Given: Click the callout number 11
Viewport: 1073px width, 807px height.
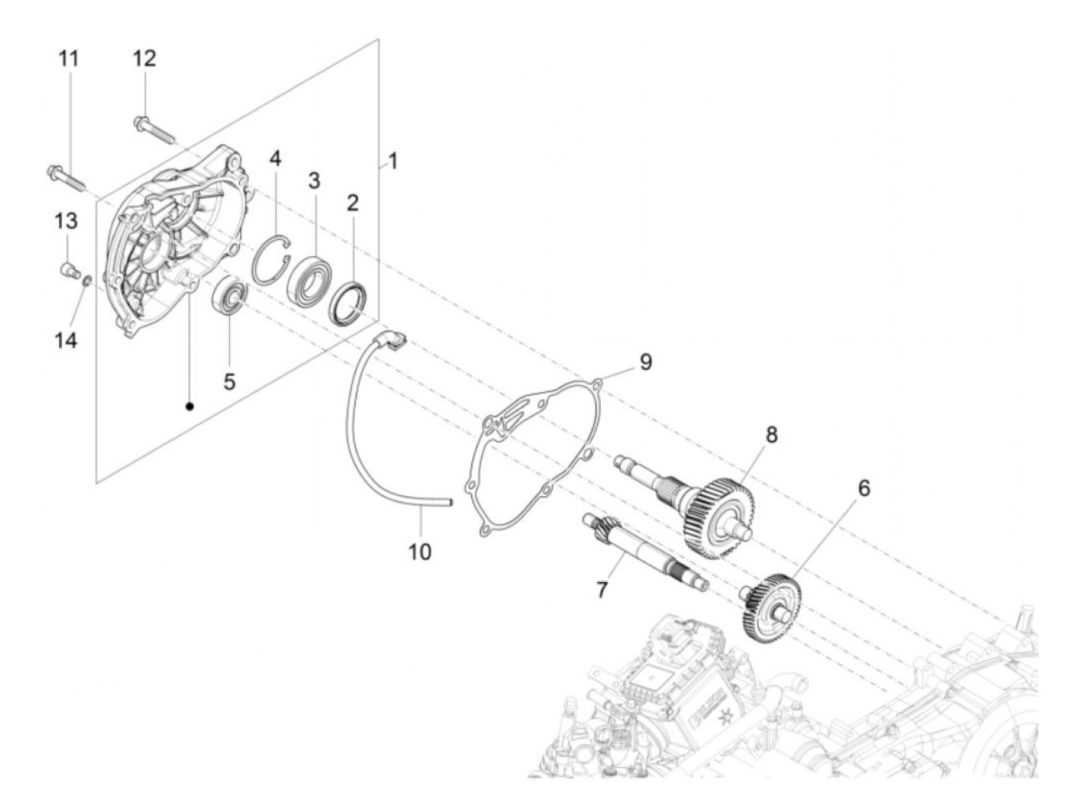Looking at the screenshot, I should click(69, 59).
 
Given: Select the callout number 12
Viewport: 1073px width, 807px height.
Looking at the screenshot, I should click(144, 58).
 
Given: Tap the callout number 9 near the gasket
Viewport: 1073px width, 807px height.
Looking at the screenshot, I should click(645, 361).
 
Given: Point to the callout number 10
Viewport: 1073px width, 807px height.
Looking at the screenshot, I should click(420, 550).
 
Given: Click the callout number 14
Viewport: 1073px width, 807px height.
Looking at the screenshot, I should click(66, 338).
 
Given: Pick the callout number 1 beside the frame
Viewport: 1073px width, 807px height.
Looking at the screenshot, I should click(392, 162).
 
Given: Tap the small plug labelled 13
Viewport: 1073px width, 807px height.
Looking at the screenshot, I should click(69, 268).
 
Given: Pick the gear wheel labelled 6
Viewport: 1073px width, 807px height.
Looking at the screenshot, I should click(770, 605).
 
